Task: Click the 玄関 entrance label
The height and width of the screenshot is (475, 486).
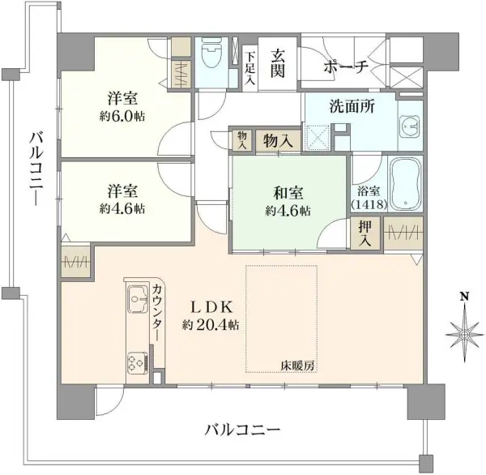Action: tap(278, 63)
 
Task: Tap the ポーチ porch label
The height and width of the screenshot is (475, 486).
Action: tap(346, 66)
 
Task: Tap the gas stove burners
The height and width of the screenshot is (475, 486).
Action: tap(134, 362)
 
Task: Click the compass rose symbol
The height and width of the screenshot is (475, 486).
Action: tap(464, 332)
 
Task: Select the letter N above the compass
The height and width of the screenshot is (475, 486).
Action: tap(464, 296)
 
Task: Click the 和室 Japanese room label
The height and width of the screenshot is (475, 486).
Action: tap(288, 193)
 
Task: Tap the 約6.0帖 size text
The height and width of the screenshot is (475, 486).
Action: tap(123, 116)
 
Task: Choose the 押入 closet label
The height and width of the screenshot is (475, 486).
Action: tap(365, 233)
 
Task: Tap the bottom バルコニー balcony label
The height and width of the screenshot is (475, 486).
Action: tap(242, 428)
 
